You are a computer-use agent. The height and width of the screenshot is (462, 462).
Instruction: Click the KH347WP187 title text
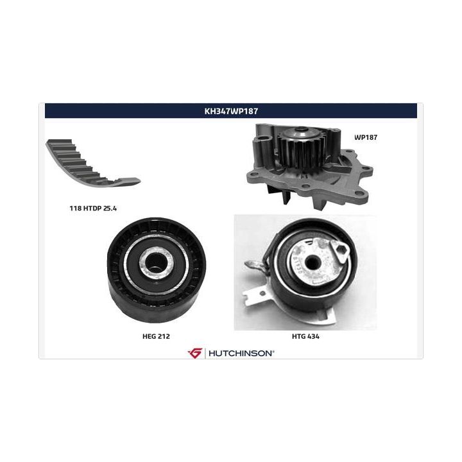tap(231, 111)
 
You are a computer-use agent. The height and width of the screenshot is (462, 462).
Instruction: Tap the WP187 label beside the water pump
tap(366, 137)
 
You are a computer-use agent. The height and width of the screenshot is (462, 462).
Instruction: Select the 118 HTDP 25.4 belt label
tap(93, 209)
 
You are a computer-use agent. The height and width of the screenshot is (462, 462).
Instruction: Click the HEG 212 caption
tap(156, 336)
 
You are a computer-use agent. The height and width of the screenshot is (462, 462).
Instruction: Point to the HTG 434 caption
tap(305, 336)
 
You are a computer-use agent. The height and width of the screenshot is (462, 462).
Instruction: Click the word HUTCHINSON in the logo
tap(240, 354)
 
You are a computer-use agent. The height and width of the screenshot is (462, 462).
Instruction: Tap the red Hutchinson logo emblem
tap(195, 353)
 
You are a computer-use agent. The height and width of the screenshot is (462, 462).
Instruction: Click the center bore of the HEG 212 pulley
tap(155, 261)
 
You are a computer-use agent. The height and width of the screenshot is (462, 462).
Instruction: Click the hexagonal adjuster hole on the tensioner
tap(341, 252)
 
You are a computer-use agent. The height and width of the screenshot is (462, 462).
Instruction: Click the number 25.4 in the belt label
tap(110, 209)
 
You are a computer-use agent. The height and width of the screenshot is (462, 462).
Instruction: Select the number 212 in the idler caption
tap(164, 336)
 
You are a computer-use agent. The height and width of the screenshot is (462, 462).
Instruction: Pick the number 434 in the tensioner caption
tap(313, 336)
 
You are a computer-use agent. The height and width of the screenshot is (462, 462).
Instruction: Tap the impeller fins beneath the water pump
tap(298, 198)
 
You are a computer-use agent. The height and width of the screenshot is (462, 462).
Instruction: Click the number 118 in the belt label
tap(76, 209)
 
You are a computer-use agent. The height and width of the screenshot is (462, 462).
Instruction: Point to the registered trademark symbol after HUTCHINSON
tap(273, 351)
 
